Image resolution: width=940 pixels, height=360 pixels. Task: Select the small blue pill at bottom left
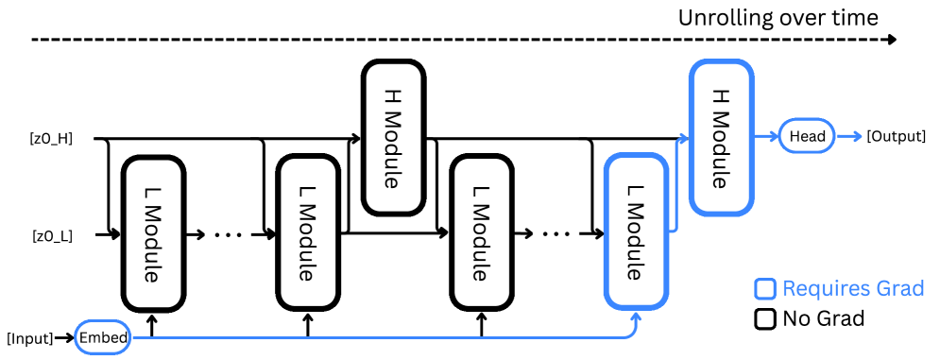(102, 336)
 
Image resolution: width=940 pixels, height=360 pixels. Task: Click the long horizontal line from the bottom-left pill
(378, 336)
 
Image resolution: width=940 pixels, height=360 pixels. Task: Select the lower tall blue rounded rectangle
(636, 231)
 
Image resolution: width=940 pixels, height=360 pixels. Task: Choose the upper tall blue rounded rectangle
(721, 137)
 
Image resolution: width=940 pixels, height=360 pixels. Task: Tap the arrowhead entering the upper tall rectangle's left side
(683, 138)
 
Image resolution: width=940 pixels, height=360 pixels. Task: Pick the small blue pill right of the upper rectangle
(806, 136)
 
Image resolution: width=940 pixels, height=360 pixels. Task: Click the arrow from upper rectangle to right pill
(766, 136)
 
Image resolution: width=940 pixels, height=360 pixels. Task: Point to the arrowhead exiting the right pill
(857, 136)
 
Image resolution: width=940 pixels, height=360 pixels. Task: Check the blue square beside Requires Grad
(764, 289)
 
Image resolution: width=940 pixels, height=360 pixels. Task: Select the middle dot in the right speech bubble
(556, 234)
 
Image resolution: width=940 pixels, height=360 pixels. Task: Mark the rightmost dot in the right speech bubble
(568, 234)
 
